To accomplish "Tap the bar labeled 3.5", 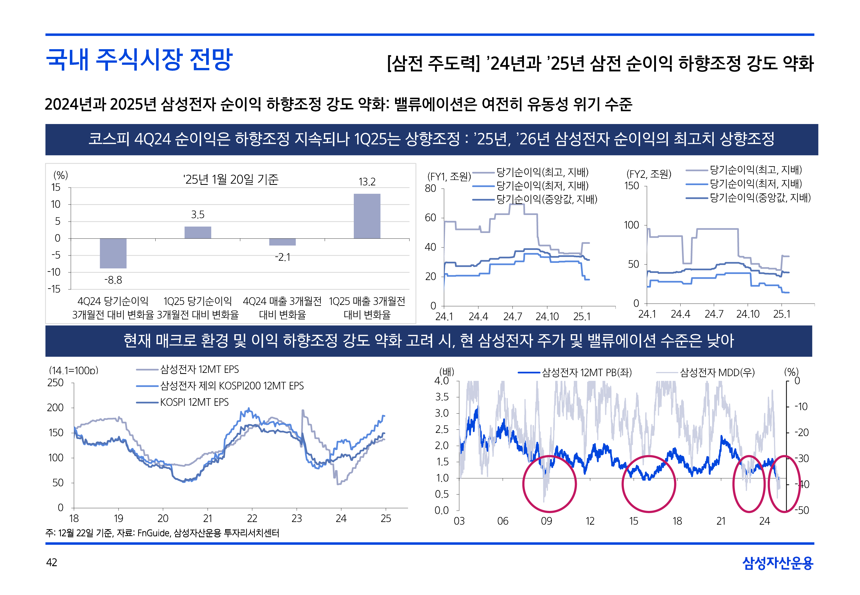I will click(198, 232).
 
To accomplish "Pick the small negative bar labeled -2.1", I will click(282, 242).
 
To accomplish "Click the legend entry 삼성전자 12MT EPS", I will click(199, 369).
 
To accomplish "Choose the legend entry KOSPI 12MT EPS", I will click(194, 402).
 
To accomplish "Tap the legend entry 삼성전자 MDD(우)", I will click(717, 372).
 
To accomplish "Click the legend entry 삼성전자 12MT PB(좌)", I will click(586, 372).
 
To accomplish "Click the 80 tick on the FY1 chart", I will click(430, 188).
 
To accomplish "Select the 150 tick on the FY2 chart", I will click(631, 186).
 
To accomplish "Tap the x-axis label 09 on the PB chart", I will click(546, 521).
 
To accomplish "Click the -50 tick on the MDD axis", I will click(801, 510).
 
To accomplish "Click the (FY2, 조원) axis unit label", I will click(649, 174).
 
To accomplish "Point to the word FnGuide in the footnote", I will click(153, 533).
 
